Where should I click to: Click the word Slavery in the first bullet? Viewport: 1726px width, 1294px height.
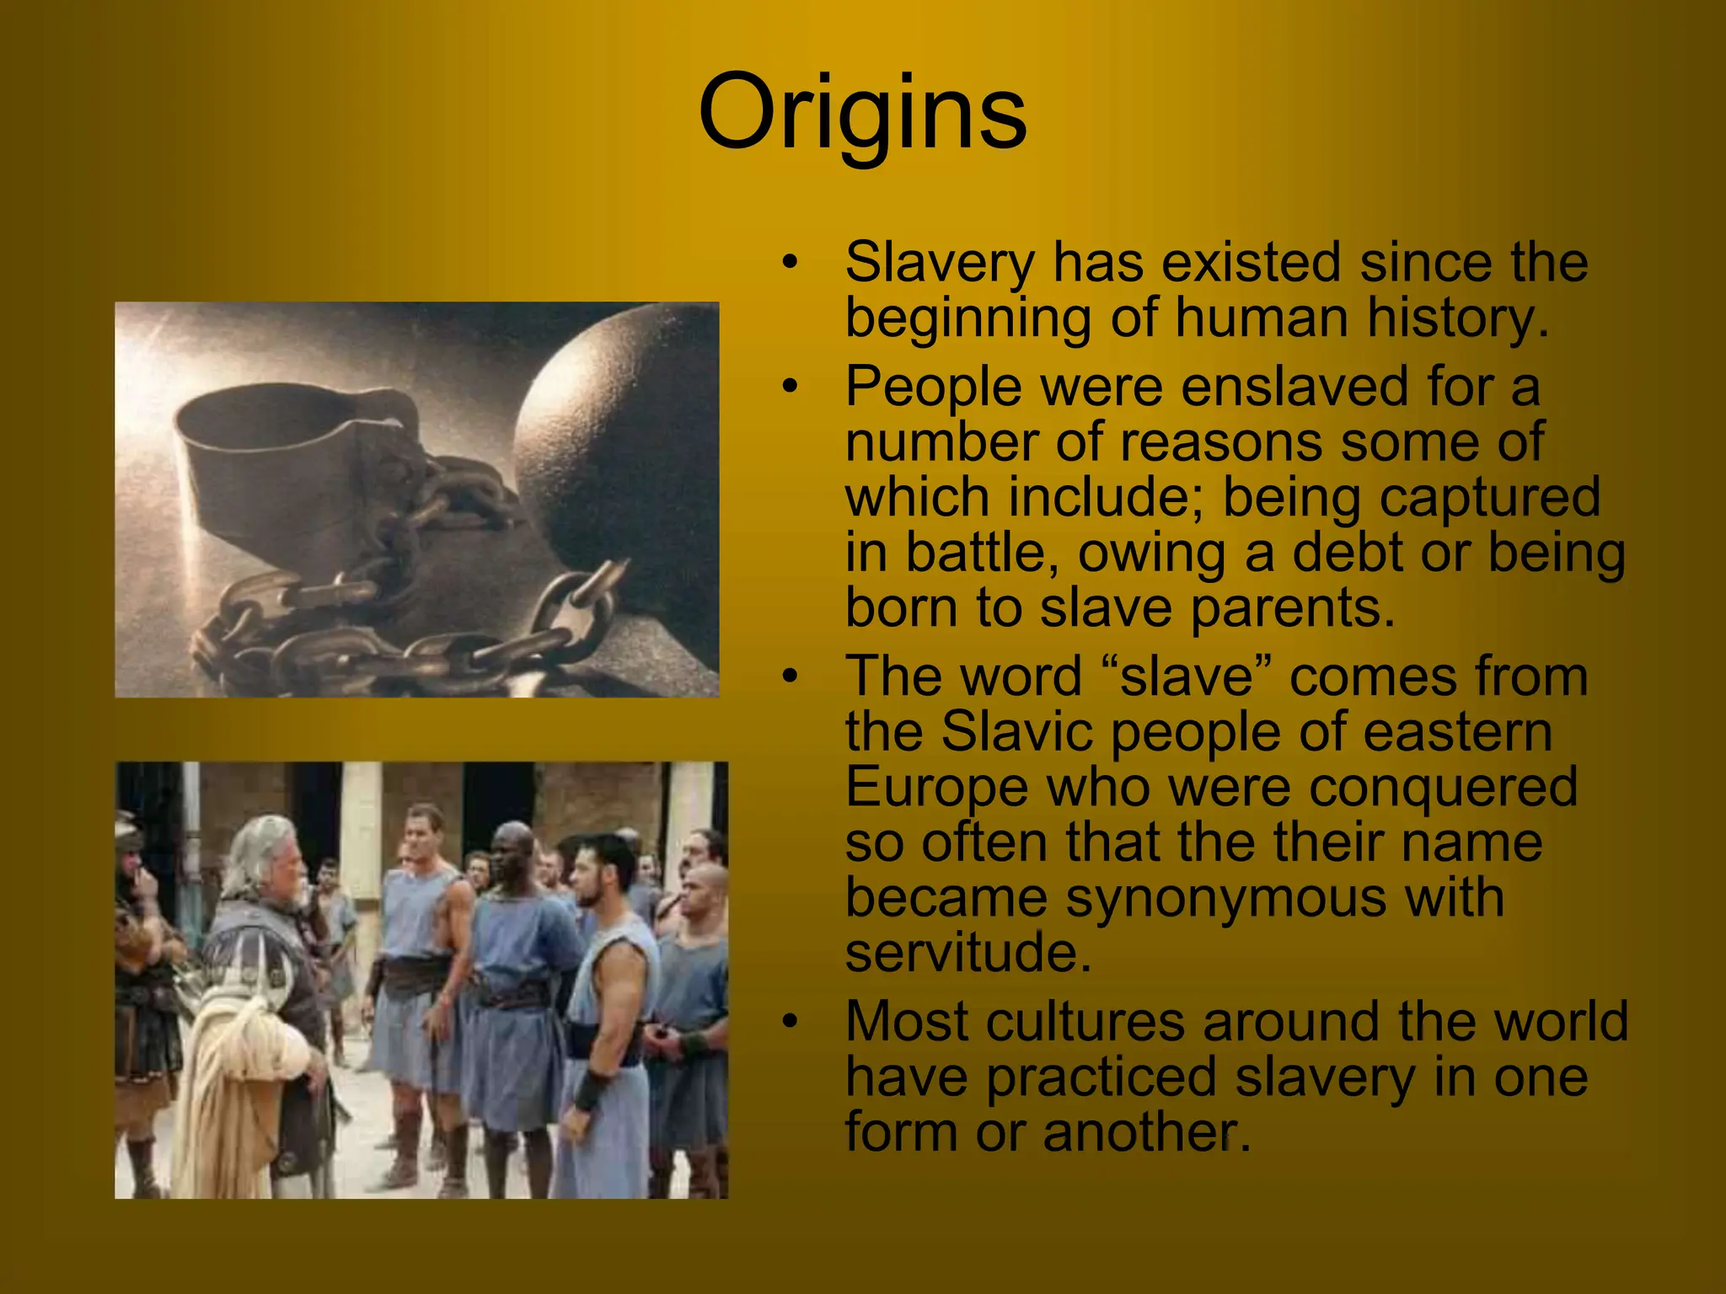tap(939, 263)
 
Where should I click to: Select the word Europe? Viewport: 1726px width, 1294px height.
tap(935, 788)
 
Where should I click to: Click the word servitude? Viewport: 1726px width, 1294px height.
tap(968, 952)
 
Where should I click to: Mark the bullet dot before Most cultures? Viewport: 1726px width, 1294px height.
tap(790, 1022)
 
